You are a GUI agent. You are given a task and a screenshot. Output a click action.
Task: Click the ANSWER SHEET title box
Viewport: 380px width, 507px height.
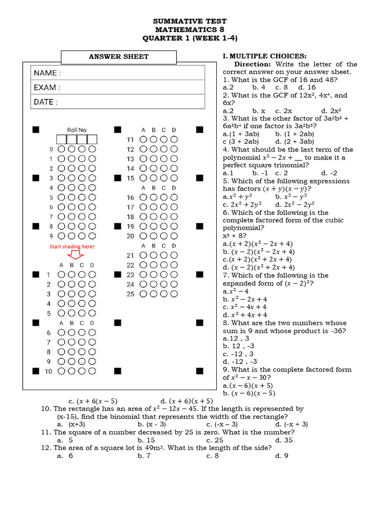(118, 56)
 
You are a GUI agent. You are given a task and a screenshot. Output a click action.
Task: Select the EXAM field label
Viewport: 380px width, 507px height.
(47, 88)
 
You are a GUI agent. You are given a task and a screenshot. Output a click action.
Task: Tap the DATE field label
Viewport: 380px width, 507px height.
(46, 102)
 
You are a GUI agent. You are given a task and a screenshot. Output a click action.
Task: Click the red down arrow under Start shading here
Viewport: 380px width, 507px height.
(75, 255)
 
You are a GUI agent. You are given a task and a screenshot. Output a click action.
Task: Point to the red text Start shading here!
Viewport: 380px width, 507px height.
(72, 246)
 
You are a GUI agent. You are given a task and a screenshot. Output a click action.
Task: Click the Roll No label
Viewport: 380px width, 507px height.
(76, 130)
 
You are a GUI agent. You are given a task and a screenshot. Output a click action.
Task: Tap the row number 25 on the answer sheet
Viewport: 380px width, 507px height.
(130, 294)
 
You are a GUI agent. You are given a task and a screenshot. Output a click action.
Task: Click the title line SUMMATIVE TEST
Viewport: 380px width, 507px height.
(190, 21)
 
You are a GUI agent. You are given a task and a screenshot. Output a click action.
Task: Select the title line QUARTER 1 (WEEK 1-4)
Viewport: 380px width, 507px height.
(190, 38)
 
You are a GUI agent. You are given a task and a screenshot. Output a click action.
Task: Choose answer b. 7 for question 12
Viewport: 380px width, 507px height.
(144, 456)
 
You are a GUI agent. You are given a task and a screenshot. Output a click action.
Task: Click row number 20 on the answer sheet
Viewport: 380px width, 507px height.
(130, 236)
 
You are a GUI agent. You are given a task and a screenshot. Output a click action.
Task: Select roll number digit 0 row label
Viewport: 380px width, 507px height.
(51, 149)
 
